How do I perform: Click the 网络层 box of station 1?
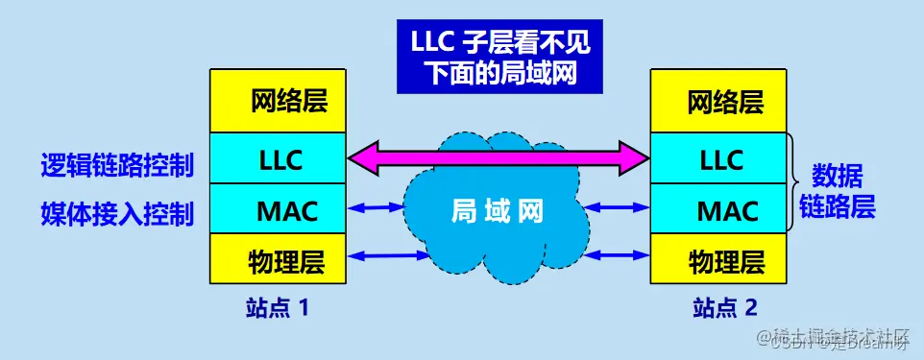click(278, 101)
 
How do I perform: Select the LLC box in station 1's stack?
click(278, 158)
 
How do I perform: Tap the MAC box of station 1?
click(278, 208)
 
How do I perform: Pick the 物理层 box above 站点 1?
click(278, 258)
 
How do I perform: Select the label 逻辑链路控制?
click(117, 164)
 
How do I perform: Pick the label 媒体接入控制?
click(117, 212)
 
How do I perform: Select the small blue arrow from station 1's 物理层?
click(384, 254)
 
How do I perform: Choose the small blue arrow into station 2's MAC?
click(620, 206)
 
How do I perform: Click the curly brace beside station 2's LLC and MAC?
click(793, 183)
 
